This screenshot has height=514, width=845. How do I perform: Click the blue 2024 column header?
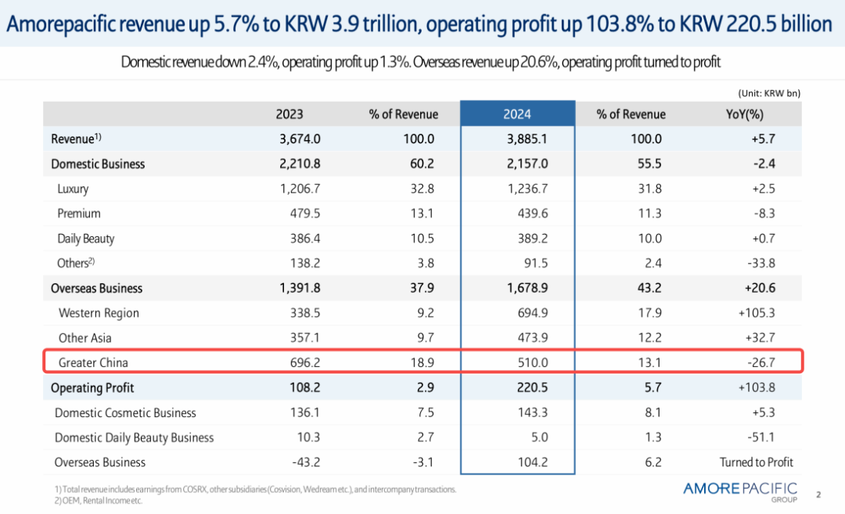[517, 114]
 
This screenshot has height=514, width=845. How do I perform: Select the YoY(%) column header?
[744, 114]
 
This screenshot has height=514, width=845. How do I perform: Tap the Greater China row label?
[93, 363]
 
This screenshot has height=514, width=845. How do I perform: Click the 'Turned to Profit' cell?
[756, 462]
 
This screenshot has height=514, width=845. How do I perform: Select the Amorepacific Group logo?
[739, 491]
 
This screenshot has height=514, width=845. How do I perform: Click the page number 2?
[818, 494]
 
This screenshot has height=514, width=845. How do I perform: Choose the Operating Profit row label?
[92, 388]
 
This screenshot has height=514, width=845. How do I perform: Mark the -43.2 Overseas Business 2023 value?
[305, 462]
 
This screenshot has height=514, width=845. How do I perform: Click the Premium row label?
[79, 214]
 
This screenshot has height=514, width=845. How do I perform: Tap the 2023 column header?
[289, 114]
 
